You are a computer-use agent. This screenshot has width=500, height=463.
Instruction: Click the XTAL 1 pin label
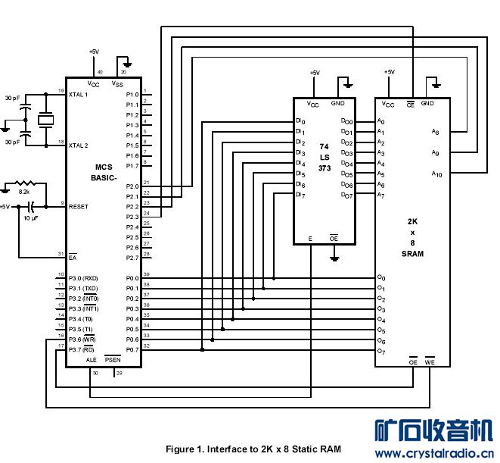coord(79,95)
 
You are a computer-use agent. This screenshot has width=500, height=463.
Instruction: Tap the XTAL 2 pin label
coord(79,145)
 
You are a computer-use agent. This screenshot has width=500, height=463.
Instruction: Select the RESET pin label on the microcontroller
coord(79,206)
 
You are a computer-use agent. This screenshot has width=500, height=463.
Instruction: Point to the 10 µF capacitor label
coord(31,218)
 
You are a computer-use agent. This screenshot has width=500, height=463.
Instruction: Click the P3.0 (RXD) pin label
coord(84,277)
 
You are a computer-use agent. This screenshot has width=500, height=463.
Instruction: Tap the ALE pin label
coord(92,360)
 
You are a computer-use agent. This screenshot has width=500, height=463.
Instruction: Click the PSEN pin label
coord(113,360)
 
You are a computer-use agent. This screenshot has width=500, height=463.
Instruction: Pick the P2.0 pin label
coord(131,186)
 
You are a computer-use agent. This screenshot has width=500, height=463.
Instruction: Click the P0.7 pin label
coord(131,349)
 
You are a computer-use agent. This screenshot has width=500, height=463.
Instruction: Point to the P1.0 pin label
coord(131,95)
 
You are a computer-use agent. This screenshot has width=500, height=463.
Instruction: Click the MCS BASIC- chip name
coord(103,173)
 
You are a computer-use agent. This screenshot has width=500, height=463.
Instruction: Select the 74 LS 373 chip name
coord(325,156)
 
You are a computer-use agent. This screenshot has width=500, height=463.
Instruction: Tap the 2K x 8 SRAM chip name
coord(413,238)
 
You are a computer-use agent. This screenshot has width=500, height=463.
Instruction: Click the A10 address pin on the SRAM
coord(436,174)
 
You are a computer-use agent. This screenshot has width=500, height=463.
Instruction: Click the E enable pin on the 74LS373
coord(310,239)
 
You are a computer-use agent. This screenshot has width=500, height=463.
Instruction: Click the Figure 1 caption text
coord(253,449)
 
